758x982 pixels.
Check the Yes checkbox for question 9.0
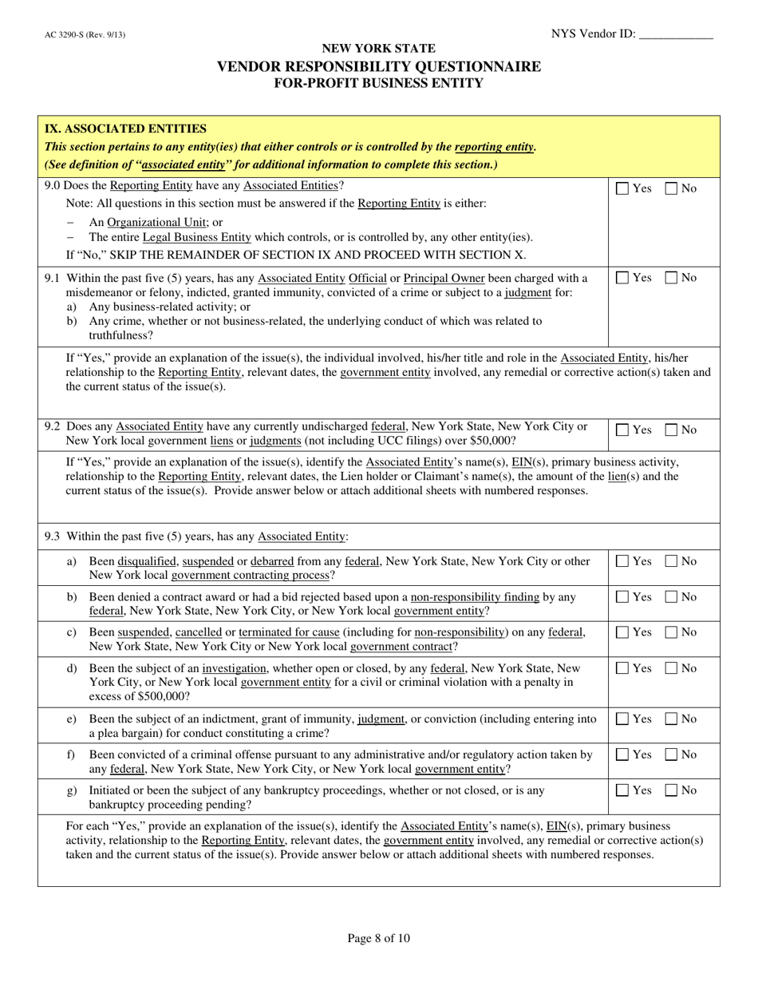[622, 189]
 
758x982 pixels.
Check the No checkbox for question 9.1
[672, 279]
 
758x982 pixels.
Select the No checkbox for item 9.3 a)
[672, 562]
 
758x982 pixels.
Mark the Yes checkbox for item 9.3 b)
[622, 597]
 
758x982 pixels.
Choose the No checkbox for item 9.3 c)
[672, 633]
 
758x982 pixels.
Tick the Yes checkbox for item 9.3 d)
[622, 668]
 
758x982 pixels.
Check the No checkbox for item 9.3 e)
[672, 719]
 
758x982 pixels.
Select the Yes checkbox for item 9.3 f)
[622, 754]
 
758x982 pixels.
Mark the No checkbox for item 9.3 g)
[672, 790]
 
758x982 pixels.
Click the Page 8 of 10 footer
[379, 938]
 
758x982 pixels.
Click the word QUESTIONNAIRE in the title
[462, 66]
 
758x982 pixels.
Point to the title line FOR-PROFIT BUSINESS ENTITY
[379, 83]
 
